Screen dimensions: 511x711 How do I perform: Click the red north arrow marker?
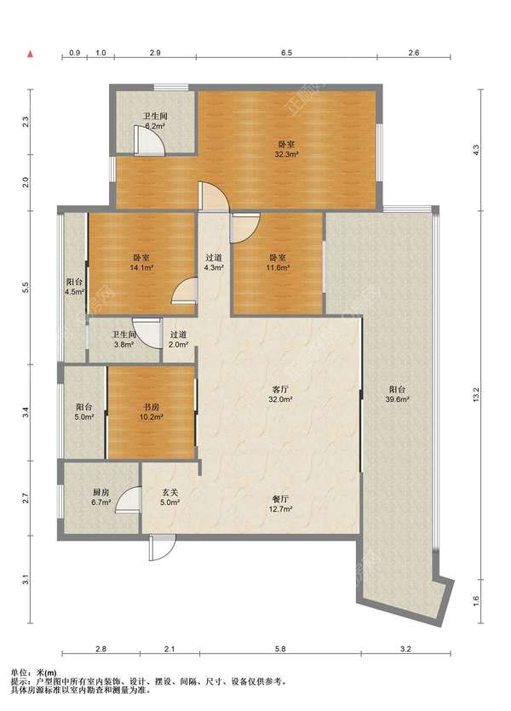[x=31, y=54]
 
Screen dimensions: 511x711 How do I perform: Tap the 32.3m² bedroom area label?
[x=286, y=155]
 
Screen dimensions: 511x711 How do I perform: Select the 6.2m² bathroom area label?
[x=155, y=127]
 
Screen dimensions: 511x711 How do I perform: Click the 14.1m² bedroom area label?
[x=141, y=267]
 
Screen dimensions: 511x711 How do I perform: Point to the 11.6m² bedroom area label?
[x=278, y=267]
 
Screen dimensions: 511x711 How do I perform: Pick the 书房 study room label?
[x=151, y=407]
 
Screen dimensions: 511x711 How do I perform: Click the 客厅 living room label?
[x=281, y=389]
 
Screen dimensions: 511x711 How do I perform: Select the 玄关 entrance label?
[x=169, y=492]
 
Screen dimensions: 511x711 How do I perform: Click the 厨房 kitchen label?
[x=100, y=492]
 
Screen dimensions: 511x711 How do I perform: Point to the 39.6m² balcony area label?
[x=398, y=399]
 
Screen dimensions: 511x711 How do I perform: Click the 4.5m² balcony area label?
[x=75, y=292]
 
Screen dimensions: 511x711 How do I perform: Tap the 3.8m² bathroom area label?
[x=123, y=345]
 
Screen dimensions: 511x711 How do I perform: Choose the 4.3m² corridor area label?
[x=214, y=267]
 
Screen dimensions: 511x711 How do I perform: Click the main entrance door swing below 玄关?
[x=162, y=548]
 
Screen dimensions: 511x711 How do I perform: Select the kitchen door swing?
[x=128, y=500]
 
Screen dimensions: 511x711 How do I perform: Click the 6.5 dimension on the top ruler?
[x=286, y=53]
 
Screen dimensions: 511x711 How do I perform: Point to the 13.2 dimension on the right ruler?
[x=475, y=394]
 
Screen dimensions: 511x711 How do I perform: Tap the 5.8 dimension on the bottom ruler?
[x=280, y=649]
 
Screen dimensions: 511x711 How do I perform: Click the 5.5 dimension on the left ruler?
[x=26, y=287]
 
